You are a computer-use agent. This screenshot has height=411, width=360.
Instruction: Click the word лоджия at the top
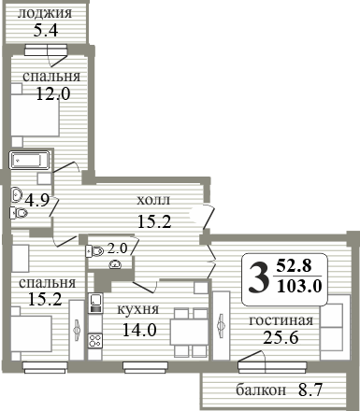[45, 13]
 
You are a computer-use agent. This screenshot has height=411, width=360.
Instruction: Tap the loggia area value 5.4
[46, 31]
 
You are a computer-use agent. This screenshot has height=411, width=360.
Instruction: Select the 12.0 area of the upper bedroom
[53, 93]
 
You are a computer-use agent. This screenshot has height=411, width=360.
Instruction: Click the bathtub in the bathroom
[29, 161]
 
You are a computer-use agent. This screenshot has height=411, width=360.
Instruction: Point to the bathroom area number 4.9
[37, 200]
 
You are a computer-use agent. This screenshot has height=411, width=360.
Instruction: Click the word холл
[153, 200]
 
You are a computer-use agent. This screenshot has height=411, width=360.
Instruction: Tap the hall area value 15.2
[154, 221]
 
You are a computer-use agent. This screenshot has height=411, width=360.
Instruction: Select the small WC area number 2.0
[118, 248]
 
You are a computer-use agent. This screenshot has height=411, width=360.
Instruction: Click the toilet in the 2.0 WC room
[95, 250]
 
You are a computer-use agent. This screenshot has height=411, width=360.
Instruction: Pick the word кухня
[138, 309]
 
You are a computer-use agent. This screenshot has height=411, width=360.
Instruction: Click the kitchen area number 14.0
[139, 330]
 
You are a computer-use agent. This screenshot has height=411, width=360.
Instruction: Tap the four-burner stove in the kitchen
[95, 340]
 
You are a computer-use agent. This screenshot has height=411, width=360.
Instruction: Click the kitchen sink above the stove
[95, 303]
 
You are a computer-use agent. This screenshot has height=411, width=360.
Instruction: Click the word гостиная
[281, 320]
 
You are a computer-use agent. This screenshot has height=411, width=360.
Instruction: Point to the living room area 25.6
[281, 337]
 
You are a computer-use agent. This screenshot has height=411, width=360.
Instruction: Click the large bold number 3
[258, 277]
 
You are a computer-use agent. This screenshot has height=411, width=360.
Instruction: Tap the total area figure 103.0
[299, 286]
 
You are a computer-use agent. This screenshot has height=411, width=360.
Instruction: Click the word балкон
[261, 390]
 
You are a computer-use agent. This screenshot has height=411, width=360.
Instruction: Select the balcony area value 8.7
[310, 390]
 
